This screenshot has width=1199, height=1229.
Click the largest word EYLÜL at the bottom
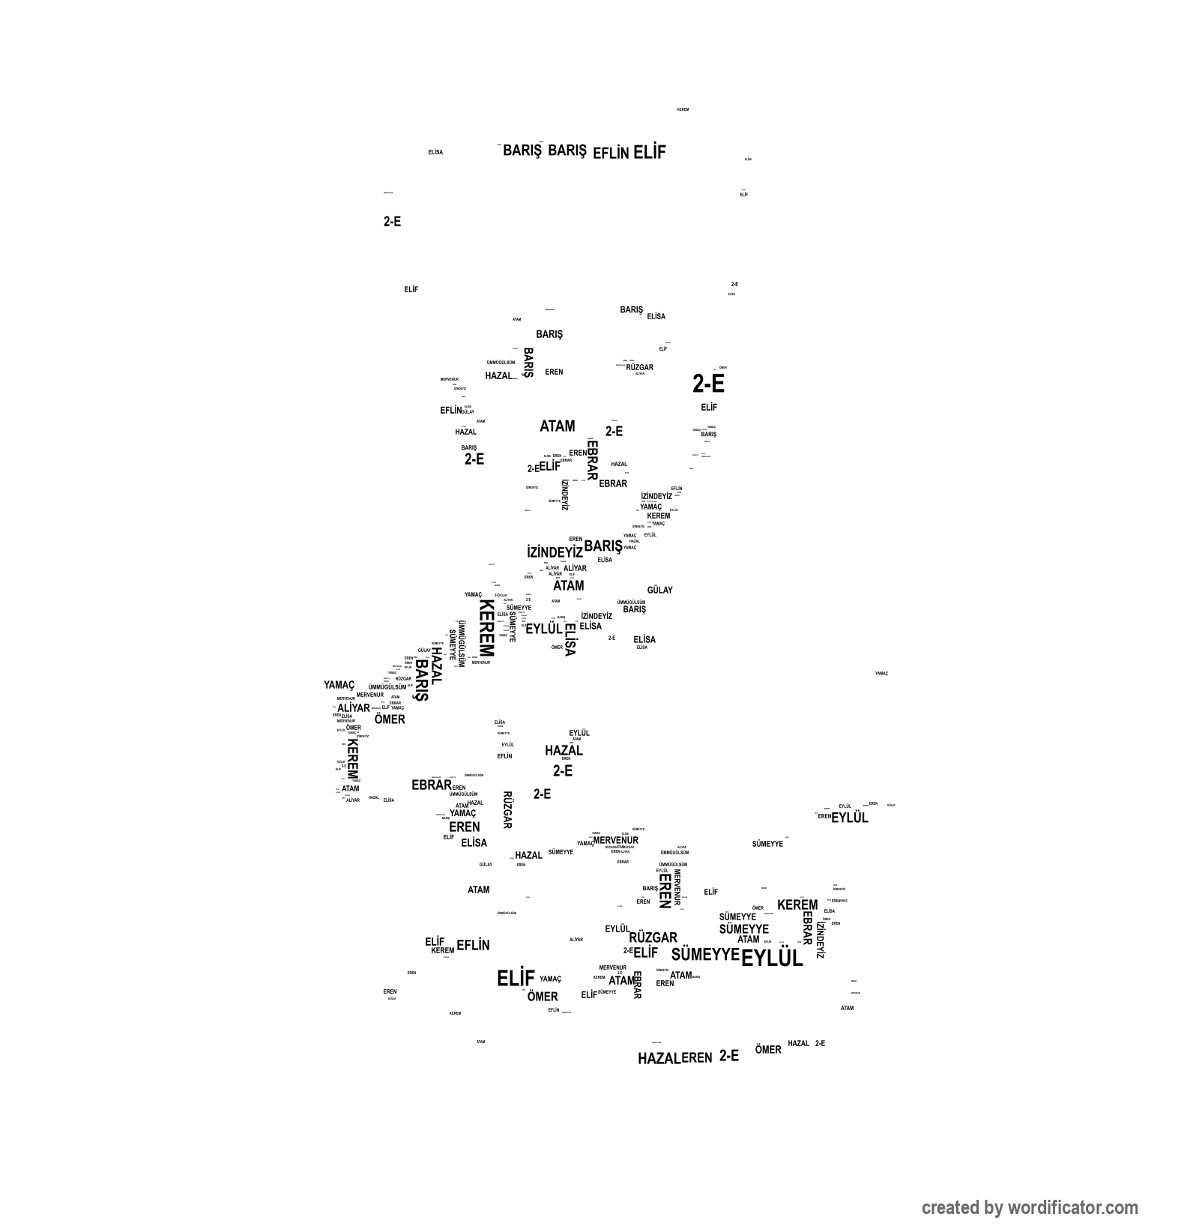(x=771, y=958)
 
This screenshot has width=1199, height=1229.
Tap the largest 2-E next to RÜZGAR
(x=708, y=384)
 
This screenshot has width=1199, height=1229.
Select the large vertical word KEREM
(x=486, y=628)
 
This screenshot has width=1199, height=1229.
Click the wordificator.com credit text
(x=1029, y=1208)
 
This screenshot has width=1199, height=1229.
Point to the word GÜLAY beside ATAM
(x=659, y=591)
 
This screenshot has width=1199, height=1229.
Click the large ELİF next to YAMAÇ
(x=516, y=979)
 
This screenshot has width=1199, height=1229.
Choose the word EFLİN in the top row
(x=610, y=154)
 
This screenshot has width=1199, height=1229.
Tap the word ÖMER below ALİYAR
(x=390, y=720)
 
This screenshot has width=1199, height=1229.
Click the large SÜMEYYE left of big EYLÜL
(x=704, y=955)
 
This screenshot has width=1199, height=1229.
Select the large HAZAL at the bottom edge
(x=659, y=1059)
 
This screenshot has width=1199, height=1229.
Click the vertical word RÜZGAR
(x=507, y=810)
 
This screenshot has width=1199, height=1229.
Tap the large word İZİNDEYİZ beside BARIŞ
(x=555, y=552)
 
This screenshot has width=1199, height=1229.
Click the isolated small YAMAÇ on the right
(x=881, y=674)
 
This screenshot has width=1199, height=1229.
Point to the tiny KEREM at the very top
(x=683, y=110)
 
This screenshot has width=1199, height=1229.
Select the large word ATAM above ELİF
(x=558, y=426)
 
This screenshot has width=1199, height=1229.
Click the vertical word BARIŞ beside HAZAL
(x=422, y=680)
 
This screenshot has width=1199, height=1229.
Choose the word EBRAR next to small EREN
(x=432, y=785)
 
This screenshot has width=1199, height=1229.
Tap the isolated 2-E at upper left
(x=392, y=222)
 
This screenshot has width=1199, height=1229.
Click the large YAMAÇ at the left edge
(x=339, y=685)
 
